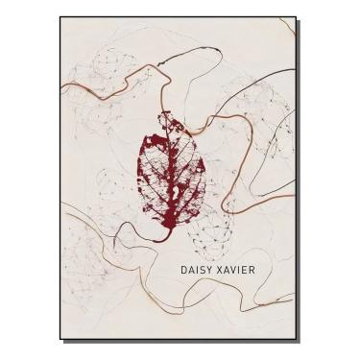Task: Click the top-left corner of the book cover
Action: click(x=60, y=17)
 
